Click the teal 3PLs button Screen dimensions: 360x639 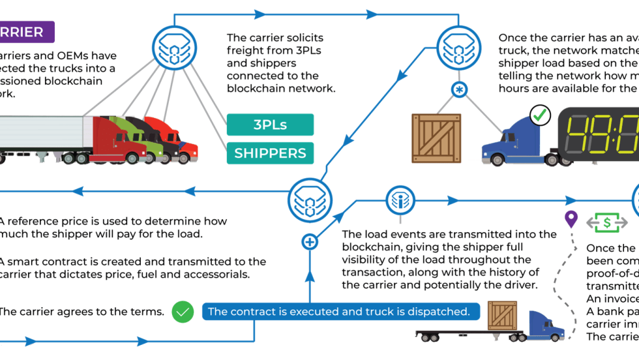270,125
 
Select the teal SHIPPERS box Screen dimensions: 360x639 270,153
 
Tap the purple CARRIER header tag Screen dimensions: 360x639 26,32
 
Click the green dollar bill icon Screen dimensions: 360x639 606,222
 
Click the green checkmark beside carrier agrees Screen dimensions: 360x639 183,312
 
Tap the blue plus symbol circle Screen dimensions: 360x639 310,242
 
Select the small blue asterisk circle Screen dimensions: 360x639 460,89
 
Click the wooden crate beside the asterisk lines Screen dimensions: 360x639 436,138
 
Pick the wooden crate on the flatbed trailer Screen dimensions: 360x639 502,316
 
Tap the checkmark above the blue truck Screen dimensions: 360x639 539,116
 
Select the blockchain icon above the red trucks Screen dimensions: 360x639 173,47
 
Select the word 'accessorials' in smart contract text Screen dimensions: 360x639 214,275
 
